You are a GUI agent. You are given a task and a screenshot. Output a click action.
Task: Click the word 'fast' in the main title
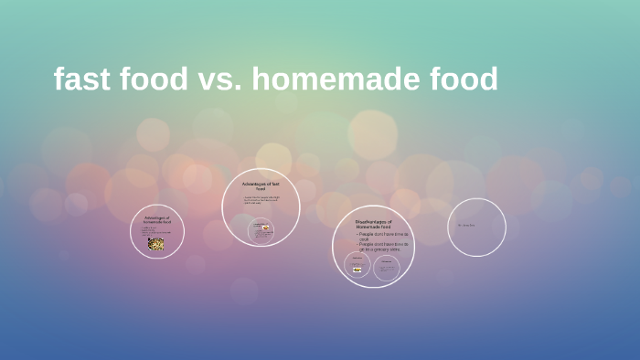[81, 79]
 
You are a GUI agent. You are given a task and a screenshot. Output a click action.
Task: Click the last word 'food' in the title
[464, 79]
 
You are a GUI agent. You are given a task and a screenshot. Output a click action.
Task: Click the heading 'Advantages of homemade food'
[157, 220]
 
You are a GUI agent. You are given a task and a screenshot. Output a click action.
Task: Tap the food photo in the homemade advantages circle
[156, 244]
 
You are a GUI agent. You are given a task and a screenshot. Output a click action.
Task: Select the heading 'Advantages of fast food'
[261, 186]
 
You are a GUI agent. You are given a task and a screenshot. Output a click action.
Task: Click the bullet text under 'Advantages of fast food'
[261, 200]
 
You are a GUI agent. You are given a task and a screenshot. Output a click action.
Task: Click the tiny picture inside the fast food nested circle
[265, 228]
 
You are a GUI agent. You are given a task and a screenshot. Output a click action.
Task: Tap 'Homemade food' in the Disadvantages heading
[373, 227]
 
